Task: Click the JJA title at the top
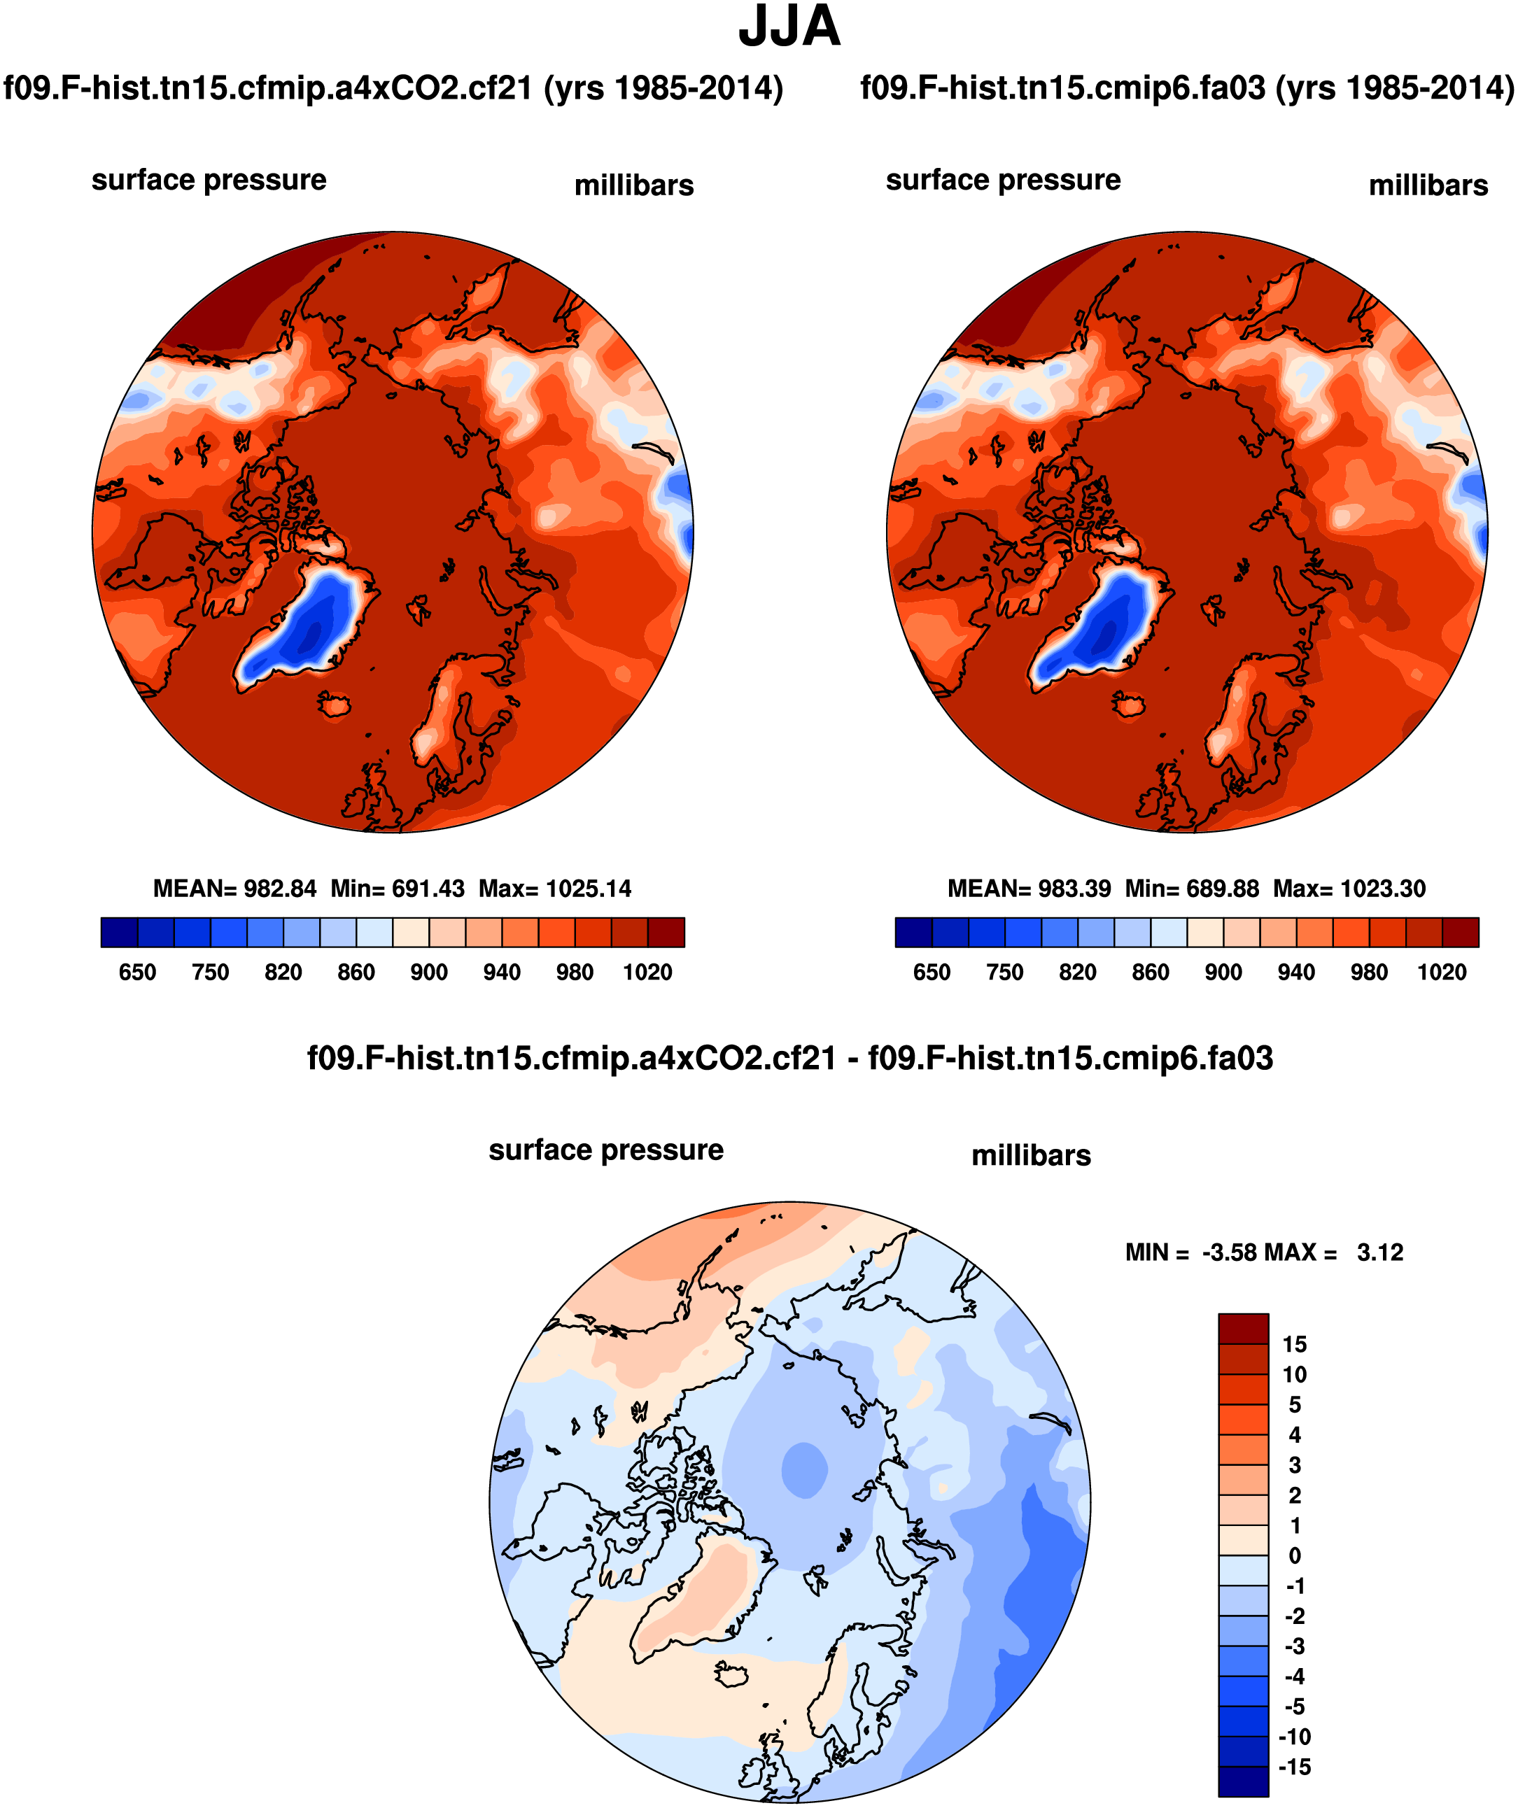[789, 27]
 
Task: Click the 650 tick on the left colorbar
[137, 972]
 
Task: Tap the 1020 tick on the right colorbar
[1442, 972]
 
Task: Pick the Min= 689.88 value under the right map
[1192, 889]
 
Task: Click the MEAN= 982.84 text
[234, 889]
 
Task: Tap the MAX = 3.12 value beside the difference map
[1361, 1252]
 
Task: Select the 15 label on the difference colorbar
[1294, 1344]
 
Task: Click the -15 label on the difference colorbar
[1294, 1767]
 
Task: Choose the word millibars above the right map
[1428, 186]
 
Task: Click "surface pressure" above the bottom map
[605, 1150]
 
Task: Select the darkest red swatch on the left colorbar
[666, 933]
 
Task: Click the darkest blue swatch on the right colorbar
[913, 933]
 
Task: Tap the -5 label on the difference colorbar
[1294, 1707]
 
